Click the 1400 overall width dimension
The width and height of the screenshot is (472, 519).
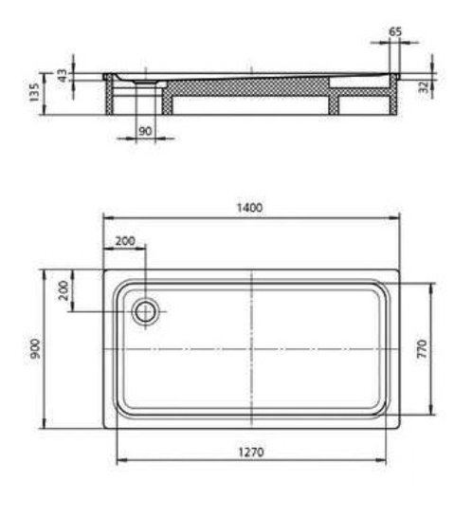click(x=250, y=208)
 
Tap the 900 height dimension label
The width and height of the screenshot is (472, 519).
click(x=34, y=348)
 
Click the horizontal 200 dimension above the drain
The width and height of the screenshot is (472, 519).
click(x=125, y=241)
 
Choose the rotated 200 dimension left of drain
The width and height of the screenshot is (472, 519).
click(x=64, y=290)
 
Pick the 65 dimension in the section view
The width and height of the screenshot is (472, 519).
click(x=395, y=31)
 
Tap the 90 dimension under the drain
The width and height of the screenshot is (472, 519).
click(x=146, y=131)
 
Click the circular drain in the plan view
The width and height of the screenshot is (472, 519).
click(x=147, y=311)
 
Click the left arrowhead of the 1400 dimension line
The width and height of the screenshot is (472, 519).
click(x=106, y=219)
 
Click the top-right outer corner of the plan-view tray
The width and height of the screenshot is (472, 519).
click(x=399, y=270)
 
